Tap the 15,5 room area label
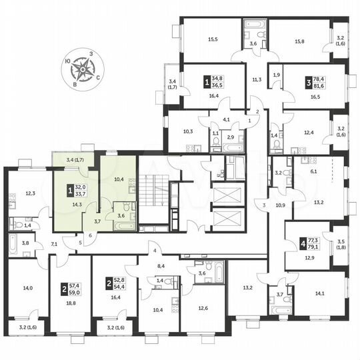tap(213, 39)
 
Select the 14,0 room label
tap(27, 288)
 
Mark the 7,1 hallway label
tap(55, 244)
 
